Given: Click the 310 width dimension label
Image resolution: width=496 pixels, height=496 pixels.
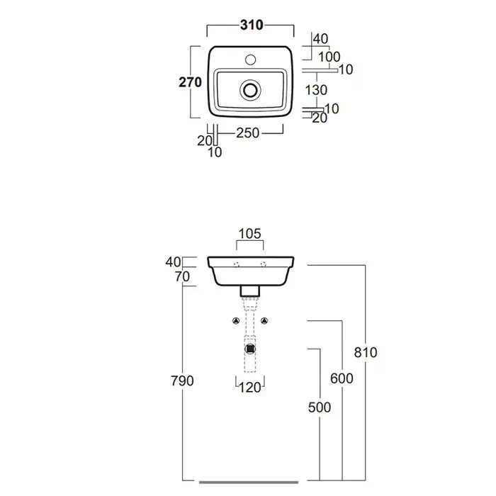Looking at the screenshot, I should coord(249,26).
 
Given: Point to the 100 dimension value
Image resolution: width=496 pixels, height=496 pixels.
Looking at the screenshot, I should coord(329,57).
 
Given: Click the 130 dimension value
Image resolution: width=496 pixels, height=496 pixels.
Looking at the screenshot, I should coord(315,90).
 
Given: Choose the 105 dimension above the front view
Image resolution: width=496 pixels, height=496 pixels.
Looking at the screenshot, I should coord(249,233).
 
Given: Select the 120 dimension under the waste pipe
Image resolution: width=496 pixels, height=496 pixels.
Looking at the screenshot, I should coord(249,387).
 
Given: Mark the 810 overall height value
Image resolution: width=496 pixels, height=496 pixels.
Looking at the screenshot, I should coord(365,352).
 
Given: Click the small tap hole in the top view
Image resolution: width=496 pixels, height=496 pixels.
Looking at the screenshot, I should coord(249,56).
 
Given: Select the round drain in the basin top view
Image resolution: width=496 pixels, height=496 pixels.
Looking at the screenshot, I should coord(249,90).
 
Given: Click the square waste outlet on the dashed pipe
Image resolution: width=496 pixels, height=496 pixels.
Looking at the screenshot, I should coord(249,347).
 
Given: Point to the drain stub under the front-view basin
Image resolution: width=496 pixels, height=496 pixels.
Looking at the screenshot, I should coord(249,290).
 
